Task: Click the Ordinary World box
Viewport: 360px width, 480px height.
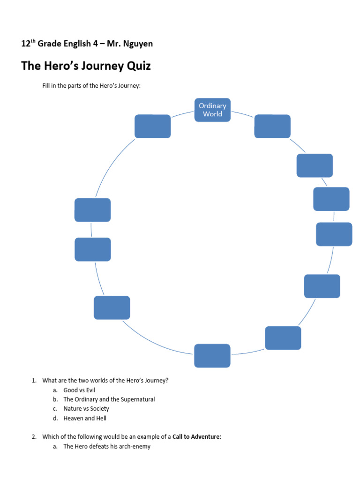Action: [x=212, y=110]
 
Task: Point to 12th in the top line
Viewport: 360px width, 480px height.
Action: [x=28, y=44]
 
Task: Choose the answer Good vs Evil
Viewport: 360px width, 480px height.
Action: [x=79, y=390]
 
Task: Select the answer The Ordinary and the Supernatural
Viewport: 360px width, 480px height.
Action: [x=109, y=399]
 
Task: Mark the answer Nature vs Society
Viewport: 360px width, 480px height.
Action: [x=86, y=409]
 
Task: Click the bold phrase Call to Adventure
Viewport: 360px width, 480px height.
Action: [x=196, y=437]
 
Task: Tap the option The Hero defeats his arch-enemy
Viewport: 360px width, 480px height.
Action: [x=107, y=446]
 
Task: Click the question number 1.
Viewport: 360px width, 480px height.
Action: [x=34, y=381]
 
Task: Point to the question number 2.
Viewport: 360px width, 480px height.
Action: [x=34, y=437]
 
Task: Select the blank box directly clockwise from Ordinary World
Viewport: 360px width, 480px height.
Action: [x=272, y=126]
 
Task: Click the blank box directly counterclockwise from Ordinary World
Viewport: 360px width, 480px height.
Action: [x=153, y=126]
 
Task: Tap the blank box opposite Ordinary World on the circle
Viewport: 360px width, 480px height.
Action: [x=212, y=356]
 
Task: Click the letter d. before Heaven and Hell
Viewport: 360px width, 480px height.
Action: [x=55, y=418]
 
